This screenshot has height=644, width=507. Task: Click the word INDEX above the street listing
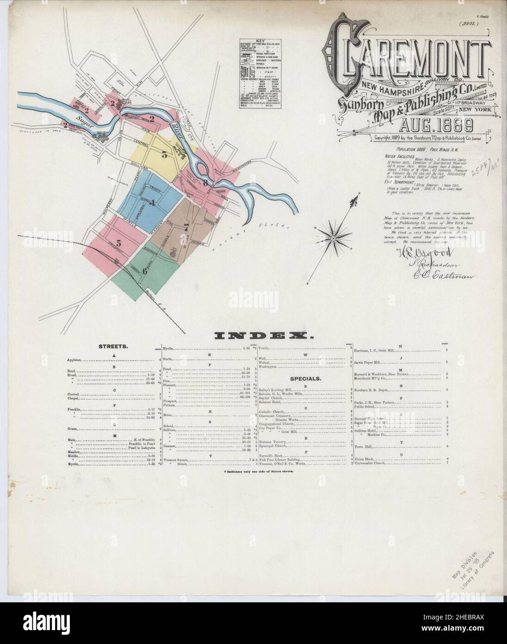(x=253, y=335)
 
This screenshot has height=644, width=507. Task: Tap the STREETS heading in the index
(x=113, y=346)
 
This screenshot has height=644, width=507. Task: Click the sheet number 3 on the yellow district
(x=164, y=155)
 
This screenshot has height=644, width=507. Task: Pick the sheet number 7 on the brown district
(x=186, y=227)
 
